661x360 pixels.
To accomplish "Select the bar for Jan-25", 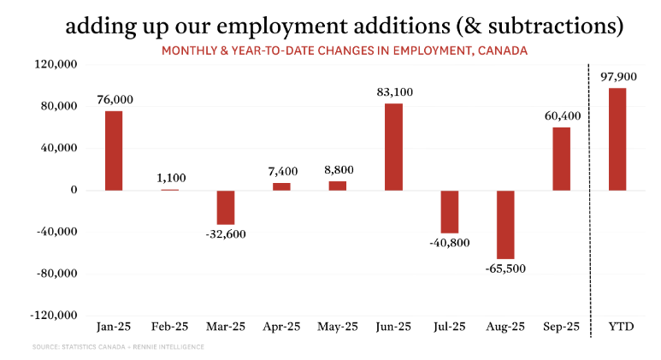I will (x=114, y=150).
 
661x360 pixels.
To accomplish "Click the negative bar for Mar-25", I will (x=226, y=207).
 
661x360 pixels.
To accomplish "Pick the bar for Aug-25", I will (x=505, y=224).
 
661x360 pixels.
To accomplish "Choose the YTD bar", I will (x=617, y=139).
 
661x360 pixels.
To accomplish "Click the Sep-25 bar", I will (x=561, y=158).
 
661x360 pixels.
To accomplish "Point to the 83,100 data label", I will (x=393, y=91).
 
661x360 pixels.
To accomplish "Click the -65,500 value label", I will (x=505, y=269).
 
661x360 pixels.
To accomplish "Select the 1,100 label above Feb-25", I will (x=170, y=178).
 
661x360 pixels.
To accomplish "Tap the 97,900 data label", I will (x=617, y=77).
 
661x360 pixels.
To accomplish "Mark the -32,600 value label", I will (x=225, y=234).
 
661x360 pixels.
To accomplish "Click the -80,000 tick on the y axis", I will (x=56, y=274).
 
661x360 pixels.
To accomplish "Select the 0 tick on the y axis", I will (x=74, y=190).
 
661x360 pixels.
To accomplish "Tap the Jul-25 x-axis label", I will (x=449, y=328).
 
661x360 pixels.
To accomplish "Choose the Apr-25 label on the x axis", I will (x=281, y=328).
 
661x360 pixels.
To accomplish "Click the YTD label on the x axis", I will (x=617, y=328).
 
